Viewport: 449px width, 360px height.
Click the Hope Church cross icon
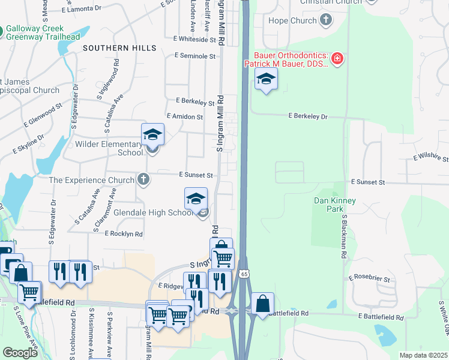(x=325, y=21)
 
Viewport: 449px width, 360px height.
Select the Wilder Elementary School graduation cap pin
(x=152, y=135)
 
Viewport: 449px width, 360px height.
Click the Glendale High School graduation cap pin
(x=196, y=199)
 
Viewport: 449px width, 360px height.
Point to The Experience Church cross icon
(x=143, y=179)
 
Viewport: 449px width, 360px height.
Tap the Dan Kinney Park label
(x=335, y=205)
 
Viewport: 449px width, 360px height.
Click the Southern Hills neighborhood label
(x=119, y=47)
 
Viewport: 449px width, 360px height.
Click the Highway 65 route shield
(x=243, y=274)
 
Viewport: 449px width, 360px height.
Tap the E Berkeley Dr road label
(x=308, y=116)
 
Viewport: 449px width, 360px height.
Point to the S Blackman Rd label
(x=345, y=236)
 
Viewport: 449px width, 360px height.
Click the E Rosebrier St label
(x=371, y=280)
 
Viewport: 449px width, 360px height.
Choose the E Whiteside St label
(x=195, y=39)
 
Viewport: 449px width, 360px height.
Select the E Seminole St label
(x=195, y=56)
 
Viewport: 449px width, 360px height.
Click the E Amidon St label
(x=187, y=116)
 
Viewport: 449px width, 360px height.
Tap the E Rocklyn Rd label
(x=123, y=233)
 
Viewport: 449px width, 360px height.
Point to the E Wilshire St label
(x=431, y=158)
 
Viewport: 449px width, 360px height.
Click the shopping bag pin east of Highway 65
(x=262, y=304)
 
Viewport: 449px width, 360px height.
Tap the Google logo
(x=20, y=353)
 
